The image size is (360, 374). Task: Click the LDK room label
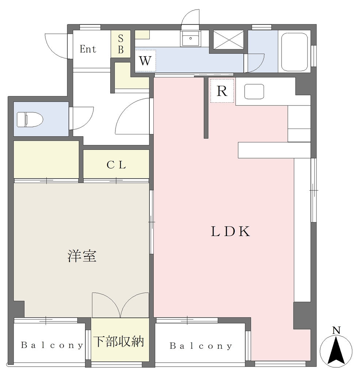(x=230, y=231)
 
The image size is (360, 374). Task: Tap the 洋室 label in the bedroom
(x=82, y=256)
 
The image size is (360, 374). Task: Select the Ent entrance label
(x=88, y=49)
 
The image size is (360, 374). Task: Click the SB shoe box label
(x=120, y=44)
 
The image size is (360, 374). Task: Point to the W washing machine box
(x=145, y=61)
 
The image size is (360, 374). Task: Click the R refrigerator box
(x=222, y=91)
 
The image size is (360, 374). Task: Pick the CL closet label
(x=116, y=165)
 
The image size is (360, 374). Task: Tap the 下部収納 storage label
(x=119, y=341)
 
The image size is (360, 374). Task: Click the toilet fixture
(x=30, y=119)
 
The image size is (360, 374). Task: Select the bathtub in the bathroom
(x=294, y=52)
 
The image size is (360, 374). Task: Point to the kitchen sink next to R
(x=254, y=91)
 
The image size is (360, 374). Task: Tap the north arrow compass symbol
(x=336, y=352)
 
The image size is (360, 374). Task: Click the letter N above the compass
(x=336, y=330)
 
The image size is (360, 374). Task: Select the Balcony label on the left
(x=52, y=345)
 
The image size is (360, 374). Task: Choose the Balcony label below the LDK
(x=201, y=346)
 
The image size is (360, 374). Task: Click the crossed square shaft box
(x=229, y=39)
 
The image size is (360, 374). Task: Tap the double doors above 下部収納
(x=120, y=305)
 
